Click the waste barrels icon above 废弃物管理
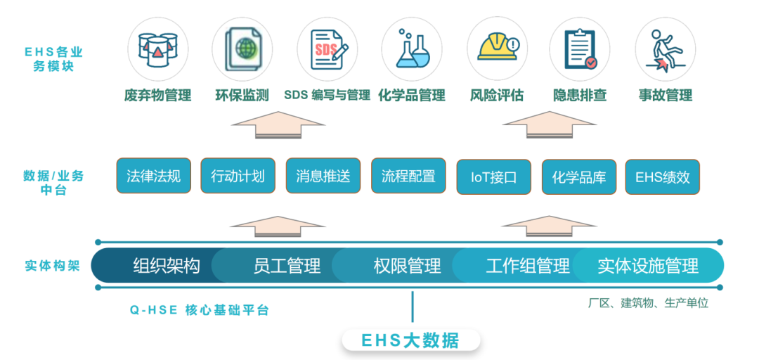pyautogui.click(x=157, y=48)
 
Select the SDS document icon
pyautogui.click(x=327, y=48)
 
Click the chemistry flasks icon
pyautogui.click(x=411, y=48)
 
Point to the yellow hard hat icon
pyautogui.click(x=497, y=48)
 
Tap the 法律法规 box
pyautogui.click(x=153, y=176)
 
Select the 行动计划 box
pyautogui.click(x=238, y=176)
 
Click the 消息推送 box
pyautogui.click(x=323, y=176)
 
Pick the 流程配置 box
pyautogui.click(x=408, y=176)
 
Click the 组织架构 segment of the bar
pyautogui.click(x=166, y=266)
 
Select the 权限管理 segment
pyautogui.click(x=407, y=266)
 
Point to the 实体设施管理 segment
pyautogui.click(x=648, y=266)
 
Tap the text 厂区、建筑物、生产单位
pyautogui.click(x=648, y=303)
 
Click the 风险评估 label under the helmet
pyautogui.click(x=497, y=95)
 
